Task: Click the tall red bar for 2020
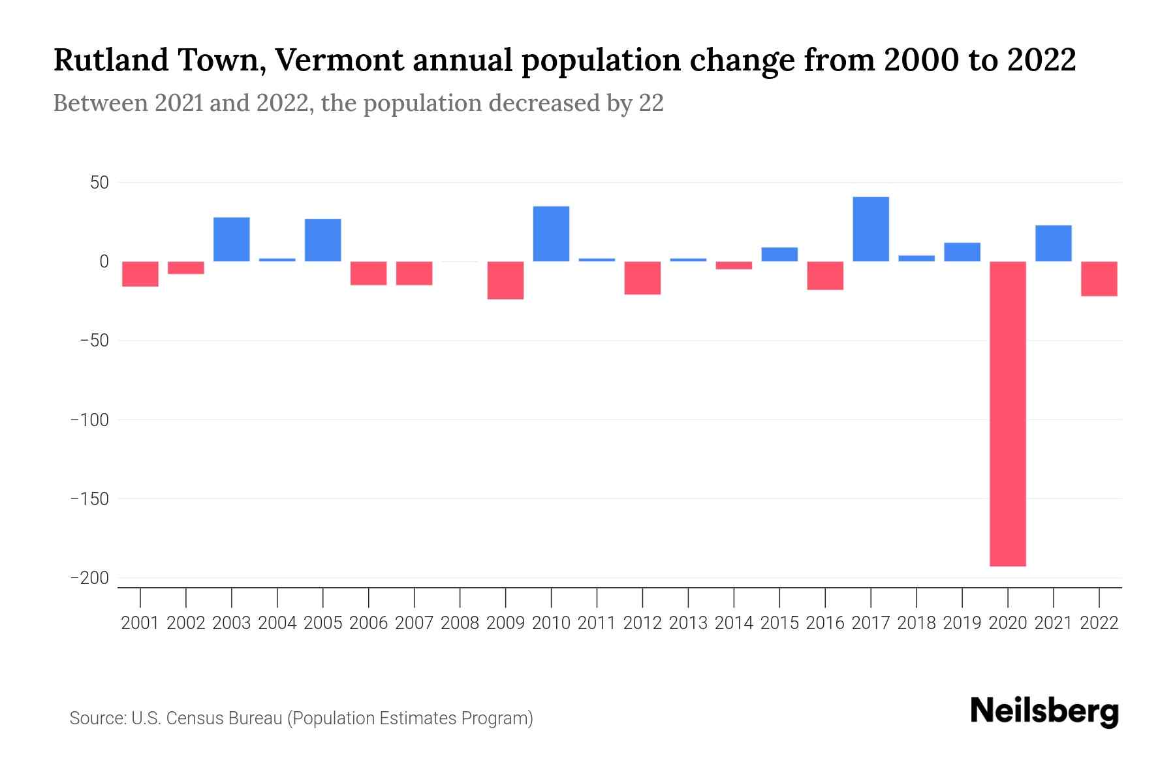point(1007,413)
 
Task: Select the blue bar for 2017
point(871,229)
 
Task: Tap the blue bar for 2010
point(551,234)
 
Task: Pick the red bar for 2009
point(505,280)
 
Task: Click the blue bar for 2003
point(232,239)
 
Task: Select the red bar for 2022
point(1099,279)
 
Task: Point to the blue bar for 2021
point(1053,243)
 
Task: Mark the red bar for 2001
point(140,273)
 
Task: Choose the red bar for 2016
point(825,275)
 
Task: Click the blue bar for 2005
point(323,239)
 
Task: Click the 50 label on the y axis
point(99,183)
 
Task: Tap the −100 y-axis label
point(89,420)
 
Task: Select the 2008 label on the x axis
point(460,623)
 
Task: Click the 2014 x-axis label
point(734,623)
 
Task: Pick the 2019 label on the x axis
point(962,623)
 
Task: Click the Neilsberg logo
point(1044,711)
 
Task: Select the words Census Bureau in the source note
point(225,718)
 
